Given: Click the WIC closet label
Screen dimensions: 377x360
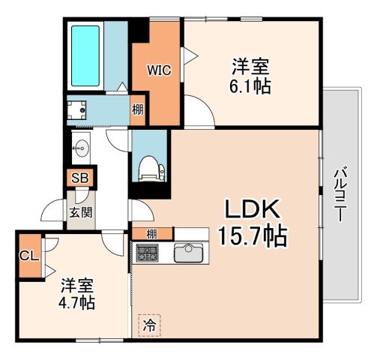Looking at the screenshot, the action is click(x=159, y=70).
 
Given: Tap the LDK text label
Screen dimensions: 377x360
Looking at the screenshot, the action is click(x=252, y=209).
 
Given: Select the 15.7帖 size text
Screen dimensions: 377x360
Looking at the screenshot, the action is click(x=253, y=235).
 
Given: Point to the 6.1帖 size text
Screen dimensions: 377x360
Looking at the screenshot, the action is click(x=250, y=86).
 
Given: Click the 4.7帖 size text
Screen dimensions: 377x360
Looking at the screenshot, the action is click(x=76, y=303).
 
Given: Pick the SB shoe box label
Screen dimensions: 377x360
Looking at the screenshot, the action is click(x=80, y=178).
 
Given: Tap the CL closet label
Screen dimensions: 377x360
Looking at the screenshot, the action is click(x=29, y=256).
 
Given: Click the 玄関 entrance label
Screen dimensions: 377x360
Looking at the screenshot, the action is click(x=81, y=213).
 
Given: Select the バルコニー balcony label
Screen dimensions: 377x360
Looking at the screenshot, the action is click(x=341, y=196).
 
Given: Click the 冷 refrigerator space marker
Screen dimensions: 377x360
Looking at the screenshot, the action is click(x=149, y=325).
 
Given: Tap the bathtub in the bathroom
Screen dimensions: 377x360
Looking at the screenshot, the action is click(x=85, y=55).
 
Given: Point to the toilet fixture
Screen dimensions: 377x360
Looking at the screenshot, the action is click(x=152, y=168).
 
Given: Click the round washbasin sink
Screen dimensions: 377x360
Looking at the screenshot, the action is click(x=82, y=148).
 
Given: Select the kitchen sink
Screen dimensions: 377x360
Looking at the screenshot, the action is click(x=189, y=253).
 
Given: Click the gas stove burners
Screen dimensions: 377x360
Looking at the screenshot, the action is click(x=147, y=253).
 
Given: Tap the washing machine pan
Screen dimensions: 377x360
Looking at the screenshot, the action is click(x=77, y=110).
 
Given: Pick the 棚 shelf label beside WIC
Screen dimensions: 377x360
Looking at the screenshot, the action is click(x=138, y=110).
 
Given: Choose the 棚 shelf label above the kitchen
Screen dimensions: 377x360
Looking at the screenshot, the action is click(x=151, y=234).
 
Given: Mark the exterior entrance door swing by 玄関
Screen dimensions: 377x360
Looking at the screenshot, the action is click(x=52, y=210).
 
